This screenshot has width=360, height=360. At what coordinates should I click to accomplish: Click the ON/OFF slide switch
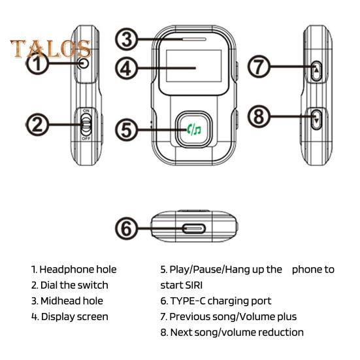(x=86, y=125)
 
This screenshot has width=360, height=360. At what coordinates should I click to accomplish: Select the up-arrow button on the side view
(x=316, y=69)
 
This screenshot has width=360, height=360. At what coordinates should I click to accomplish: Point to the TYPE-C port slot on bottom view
(x=193, y=229)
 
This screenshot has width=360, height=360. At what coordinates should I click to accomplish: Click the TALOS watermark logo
(x=50, y=48)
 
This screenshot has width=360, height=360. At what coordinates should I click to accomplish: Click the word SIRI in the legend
(x=195, y=285)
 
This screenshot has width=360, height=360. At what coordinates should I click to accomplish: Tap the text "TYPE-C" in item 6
(x=189, y=301)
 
